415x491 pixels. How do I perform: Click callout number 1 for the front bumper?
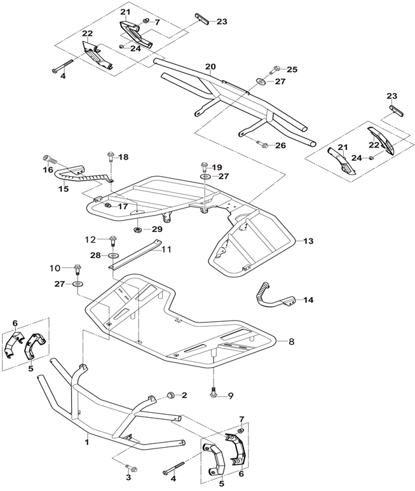point(87,439)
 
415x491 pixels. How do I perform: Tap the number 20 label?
point(210,67)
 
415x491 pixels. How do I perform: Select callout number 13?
point(309,242)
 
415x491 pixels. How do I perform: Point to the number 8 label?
point(291,342)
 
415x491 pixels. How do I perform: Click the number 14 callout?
point(309,300)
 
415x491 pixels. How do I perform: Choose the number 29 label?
point(157,229)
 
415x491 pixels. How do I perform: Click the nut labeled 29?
point(137,228)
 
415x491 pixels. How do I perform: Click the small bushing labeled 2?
point(170,396)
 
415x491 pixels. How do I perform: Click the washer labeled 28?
point(112,255)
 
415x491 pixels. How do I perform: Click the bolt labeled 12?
point(113,240)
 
